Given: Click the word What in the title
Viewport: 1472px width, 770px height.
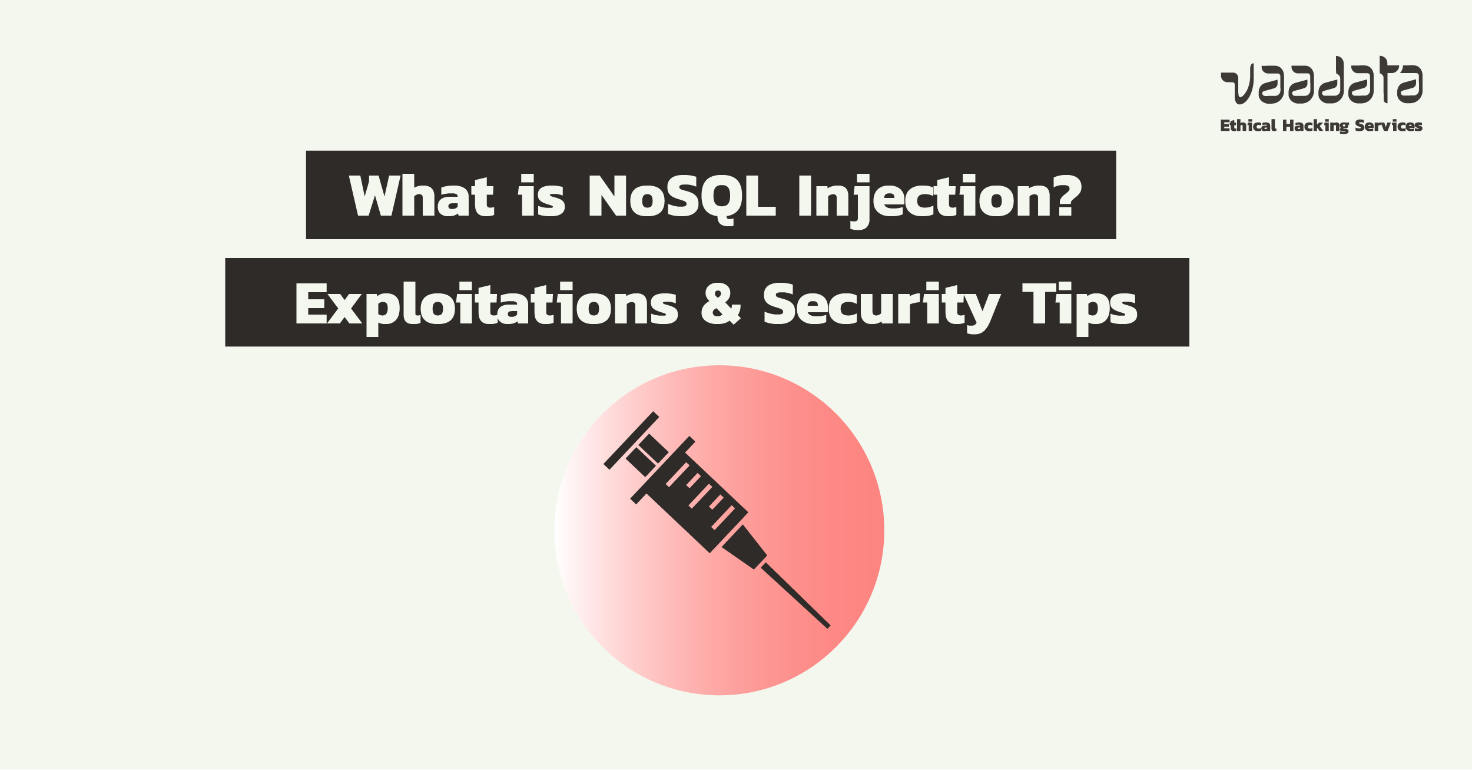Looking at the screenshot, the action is pos(422,196).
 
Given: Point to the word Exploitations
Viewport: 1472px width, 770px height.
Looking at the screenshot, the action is pos(486,308).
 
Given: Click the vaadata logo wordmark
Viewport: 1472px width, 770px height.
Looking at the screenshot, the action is pos(1321,80).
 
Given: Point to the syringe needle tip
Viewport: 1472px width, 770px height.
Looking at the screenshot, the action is pos(828,627).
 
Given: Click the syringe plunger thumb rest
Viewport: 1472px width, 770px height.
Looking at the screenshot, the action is pos(631,440).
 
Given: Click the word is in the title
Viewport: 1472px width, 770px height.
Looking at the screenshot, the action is pos(541,196).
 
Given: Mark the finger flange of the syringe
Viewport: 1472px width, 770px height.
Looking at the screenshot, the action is pos(663,470).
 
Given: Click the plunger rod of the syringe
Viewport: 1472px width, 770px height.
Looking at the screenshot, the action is pos(647,455).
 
